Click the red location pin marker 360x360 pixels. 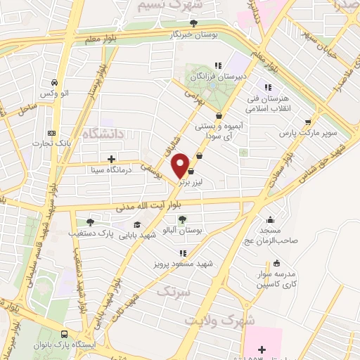coord(182,166)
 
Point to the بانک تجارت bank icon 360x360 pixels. coord(50,133)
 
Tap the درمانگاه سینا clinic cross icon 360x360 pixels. coord(111,158)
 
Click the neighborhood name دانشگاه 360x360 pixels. coord(102,133)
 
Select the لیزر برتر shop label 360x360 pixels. coord(189,181)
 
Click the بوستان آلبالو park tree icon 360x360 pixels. coord(183,220)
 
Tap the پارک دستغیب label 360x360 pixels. coord(89,232)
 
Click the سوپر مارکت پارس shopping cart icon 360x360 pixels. coord(307,122)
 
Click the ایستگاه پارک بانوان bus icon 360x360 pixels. coord(65,335)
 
